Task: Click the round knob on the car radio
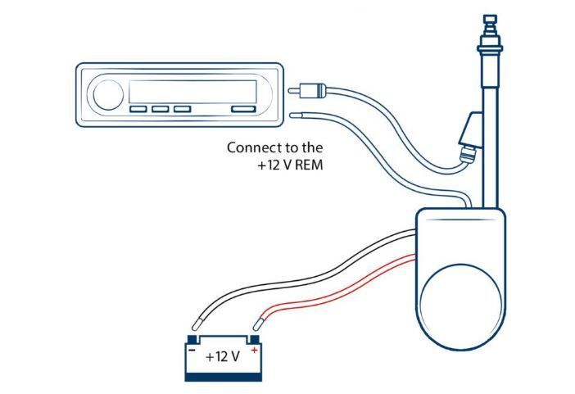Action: click(x=106, y=95)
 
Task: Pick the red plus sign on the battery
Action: click(x=254, y=350)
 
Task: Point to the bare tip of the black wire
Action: click(x=198, y=323)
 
